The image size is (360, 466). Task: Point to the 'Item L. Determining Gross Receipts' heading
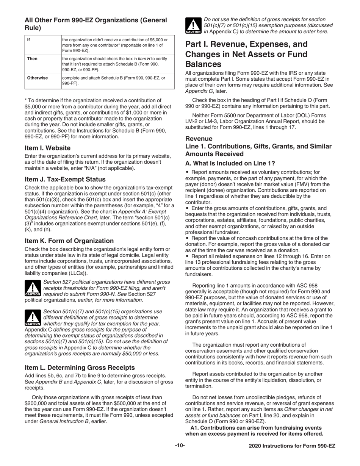(80, 367)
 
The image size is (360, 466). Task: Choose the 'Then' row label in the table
(32, 59)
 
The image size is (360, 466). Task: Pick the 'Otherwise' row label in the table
(38, 78)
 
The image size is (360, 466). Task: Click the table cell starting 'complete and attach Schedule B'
(113, 81)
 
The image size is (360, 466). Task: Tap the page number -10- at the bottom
(180, 446)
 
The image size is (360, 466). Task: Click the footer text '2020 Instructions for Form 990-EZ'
(292, 446)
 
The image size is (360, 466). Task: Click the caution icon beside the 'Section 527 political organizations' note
(33, 288)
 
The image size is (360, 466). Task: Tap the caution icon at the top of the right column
(193, 26)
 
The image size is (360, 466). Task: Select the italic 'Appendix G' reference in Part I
(199, 91)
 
